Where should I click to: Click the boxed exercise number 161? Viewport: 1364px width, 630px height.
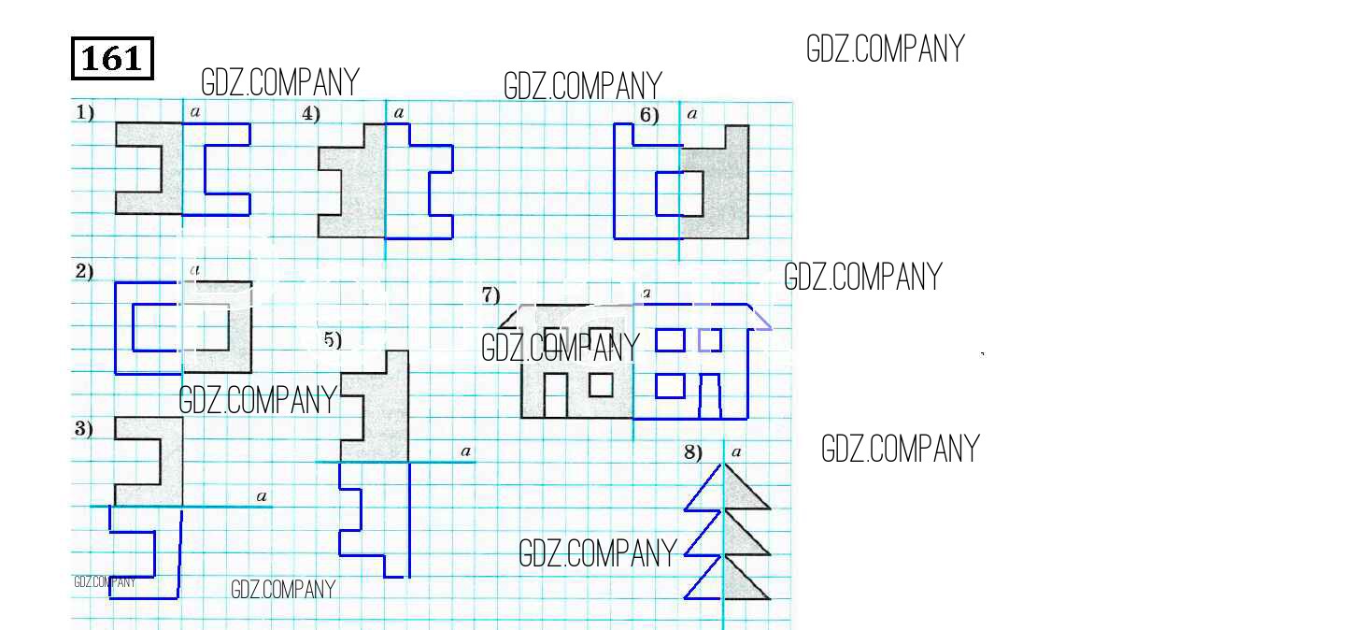pyautogui.click(x=112, y=59)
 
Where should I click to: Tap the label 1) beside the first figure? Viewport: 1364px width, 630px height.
pyautogui.click(x=85, y=113)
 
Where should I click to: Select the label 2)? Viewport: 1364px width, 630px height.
pyautogui.click(x=84, y=271)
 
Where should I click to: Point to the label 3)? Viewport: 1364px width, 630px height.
pyautogui.click(x=84, y=429)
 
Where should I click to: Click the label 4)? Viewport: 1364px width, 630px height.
pyautogui.click(x=311, y=114)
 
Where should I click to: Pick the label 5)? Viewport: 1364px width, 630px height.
pyautogui.click(x=333, y=340)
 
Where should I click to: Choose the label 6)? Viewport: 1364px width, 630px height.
pyautogui.click(x=649, y=116)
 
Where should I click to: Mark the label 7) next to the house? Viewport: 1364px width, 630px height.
pyautogui.click(x=491, y=295)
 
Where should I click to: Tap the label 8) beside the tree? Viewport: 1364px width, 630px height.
pyautogui.click(x=693, y=452)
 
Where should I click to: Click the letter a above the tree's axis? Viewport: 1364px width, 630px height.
pyautogui.click(x=736, y=452)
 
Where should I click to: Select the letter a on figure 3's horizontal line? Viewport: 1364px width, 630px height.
pyautogui.click(x=262, y=496)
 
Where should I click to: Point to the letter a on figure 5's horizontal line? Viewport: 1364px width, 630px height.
pyautogui.click(x=465, y=451)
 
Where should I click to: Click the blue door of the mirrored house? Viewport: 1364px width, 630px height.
pyautogui.click(x=710, y=396)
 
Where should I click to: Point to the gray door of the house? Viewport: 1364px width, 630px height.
pyautogui.click(x=555, y=396)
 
